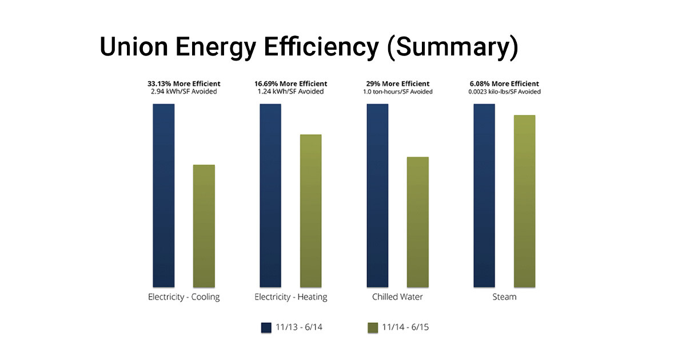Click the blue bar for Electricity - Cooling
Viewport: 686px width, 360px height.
click(x=163, y=195)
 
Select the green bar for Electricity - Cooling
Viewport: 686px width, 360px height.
click(x=204, y=226)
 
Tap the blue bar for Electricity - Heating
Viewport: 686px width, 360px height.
click(x=270, y=195)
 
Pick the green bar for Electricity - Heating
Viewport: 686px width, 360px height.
click(x=310, y=210)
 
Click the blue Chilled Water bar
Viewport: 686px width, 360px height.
click(x=377, y=195)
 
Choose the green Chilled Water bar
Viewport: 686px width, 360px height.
click(x=417, y=222)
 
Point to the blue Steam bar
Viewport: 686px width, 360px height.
click(x=484, y=195)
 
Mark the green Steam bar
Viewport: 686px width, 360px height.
click(x=524, y=201)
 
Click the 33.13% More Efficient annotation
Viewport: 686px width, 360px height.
click(x=184, y=84)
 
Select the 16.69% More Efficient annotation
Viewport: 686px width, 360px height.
click(x=291, y=84)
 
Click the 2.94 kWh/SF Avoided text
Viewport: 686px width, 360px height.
click(x=184, y=92)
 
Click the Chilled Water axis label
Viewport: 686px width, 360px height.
click(x=397, y=297)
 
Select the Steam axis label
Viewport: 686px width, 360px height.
click(x=504, y=297)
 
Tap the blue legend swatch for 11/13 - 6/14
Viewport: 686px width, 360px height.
click(x=266, y=327)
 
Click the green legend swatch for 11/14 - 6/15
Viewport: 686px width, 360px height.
click(x=372, y=327)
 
